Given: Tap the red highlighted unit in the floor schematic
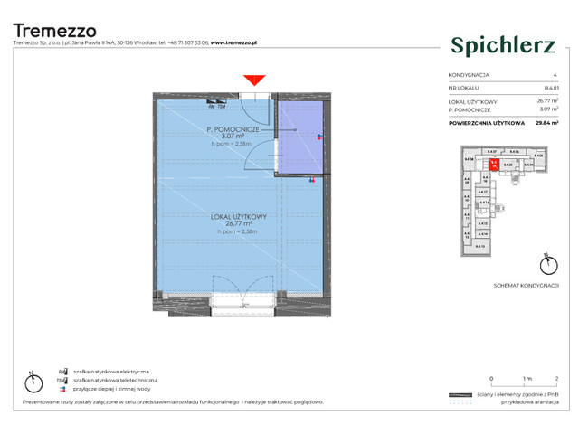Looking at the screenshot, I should click(495, 165).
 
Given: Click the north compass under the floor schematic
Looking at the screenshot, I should click(546, 266).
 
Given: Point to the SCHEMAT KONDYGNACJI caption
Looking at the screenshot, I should click(519, 284).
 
